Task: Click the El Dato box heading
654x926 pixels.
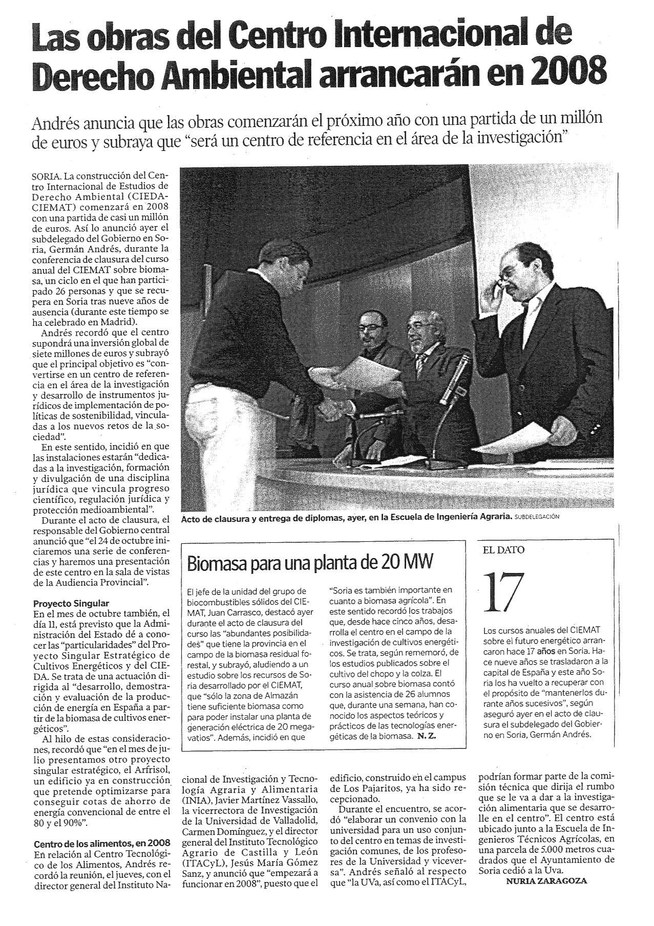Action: [x=504, y=550]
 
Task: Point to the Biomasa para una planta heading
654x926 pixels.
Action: [x=310, y=563]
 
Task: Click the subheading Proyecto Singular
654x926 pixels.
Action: [x=71, y=603]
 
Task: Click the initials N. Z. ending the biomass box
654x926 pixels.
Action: [x=427, y=736]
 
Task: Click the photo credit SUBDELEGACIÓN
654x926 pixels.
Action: [x=537, y=517]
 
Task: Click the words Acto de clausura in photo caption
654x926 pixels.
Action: [x=214, y=518]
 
